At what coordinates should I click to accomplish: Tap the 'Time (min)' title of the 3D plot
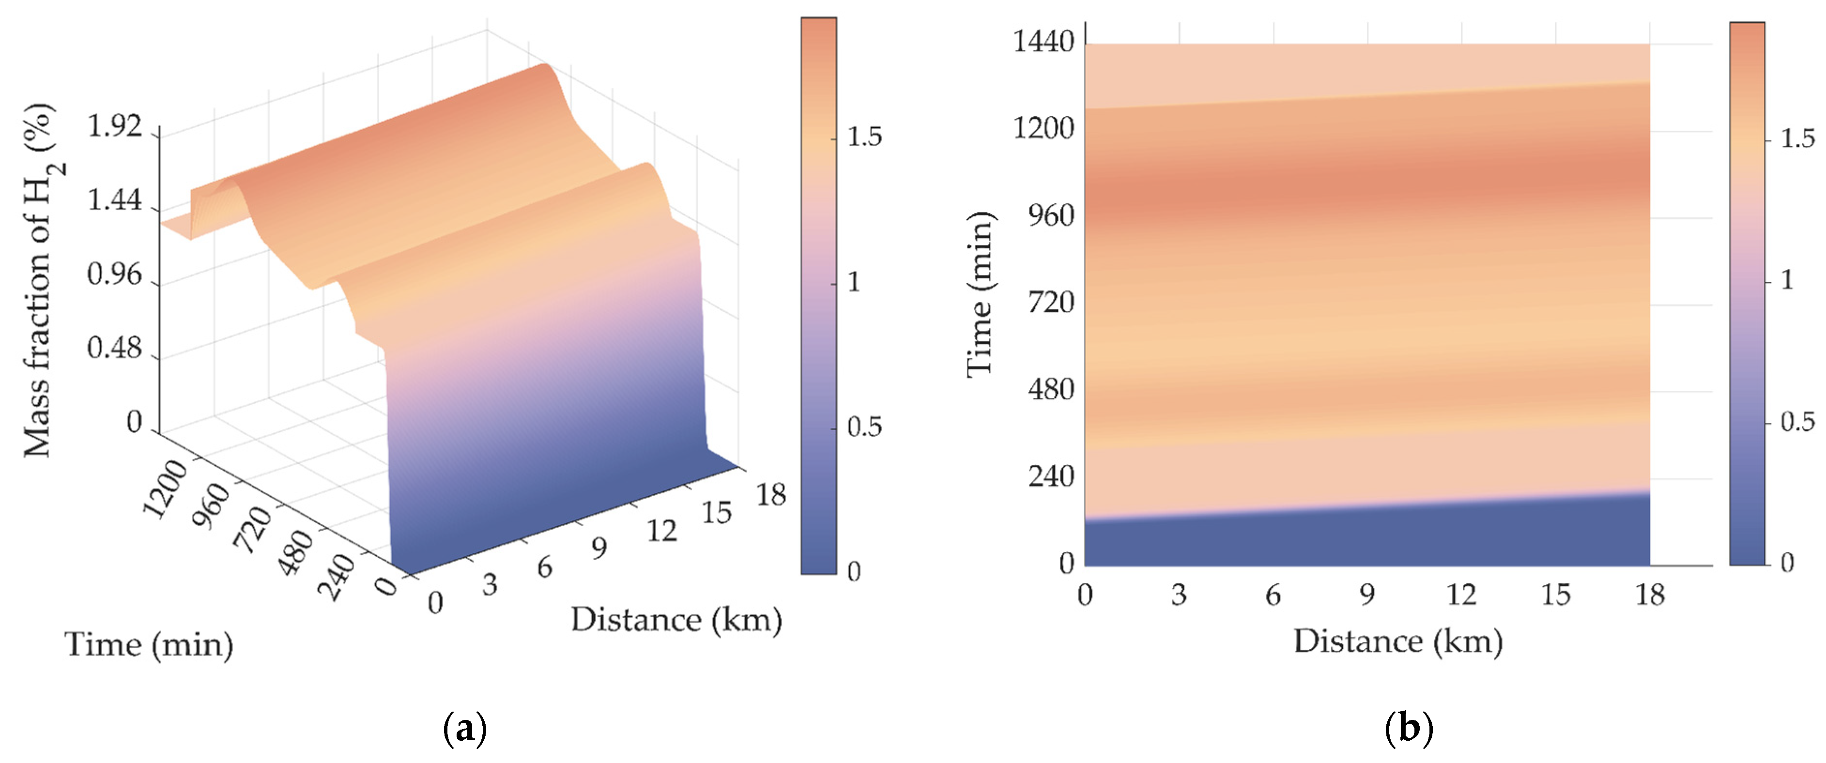pyautogui.click(x=149, y=645)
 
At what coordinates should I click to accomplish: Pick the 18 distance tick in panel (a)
pyautogui.click(x=770, y=494)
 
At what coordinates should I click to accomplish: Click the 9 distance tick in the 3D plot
pyautogui.click(x=599, y=548)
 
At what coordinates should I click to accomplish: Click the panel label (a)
pyautogui.click(x=464, y=728)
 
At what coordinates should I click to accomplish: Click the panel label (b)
pyautogui.click(x=1409, y=728)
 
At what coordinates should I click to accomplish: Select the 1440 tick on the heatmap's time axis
pyautogui.click(x=1043, y=43)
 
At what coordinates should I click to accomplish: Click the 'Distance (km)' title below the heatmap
pyautogui.click(x=1398, y=642)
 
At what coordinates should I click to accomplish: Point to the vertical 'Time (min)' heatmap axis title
pyautogui.click(x=981, y=294)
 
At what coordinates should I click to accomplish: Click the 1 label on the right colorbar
pyautogui.click(x=1787, y=280)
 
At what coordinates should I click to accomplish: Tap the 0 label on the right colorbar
pyautogui.click(x=1787, y=563)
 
